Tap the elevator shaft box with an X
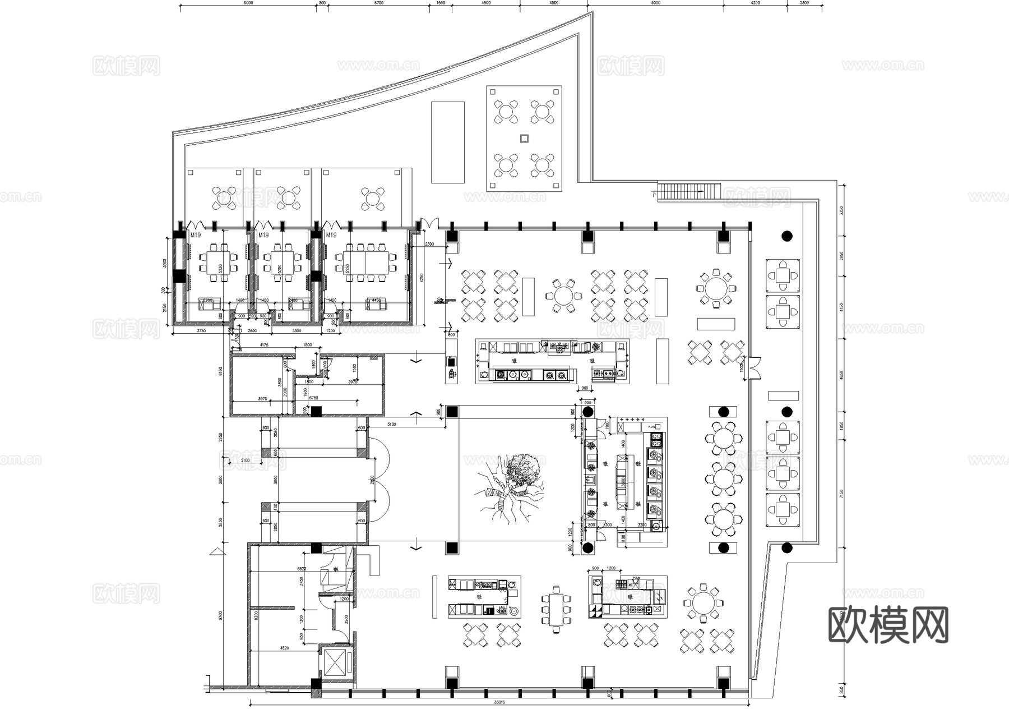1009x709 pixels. click(336, 665)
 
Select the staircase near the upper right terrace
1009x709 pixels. click(689, 191)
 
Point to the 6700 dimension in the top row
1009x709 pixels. click(378, 3)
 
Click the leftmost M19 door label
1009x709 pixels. click(195, 236)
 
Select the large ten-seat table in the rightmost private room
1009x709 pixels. click(365, 263)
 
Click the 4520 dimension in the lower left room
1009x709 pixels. click(284, 648)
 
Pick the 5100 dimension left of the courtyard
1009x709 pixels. click(391, 425)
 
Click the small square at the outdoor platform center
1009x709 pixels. click(524, 138)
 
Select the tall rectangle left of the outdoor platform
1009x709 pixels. click(447, 142)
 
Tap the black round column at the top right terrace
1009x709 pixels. click(786, 236)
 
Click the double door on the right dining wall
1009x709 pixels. click(754, 367)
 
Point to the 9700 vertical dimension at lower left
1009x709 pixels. click(221, 615)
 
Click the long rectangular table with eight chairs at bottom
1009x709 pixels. click(556, 609)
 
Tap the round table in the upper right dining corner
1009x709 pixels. click(715, 289)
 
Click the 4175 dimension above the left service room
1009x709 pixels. click(263, 346)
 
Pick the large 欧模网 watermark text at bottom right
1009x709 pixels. click(888, 625)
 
